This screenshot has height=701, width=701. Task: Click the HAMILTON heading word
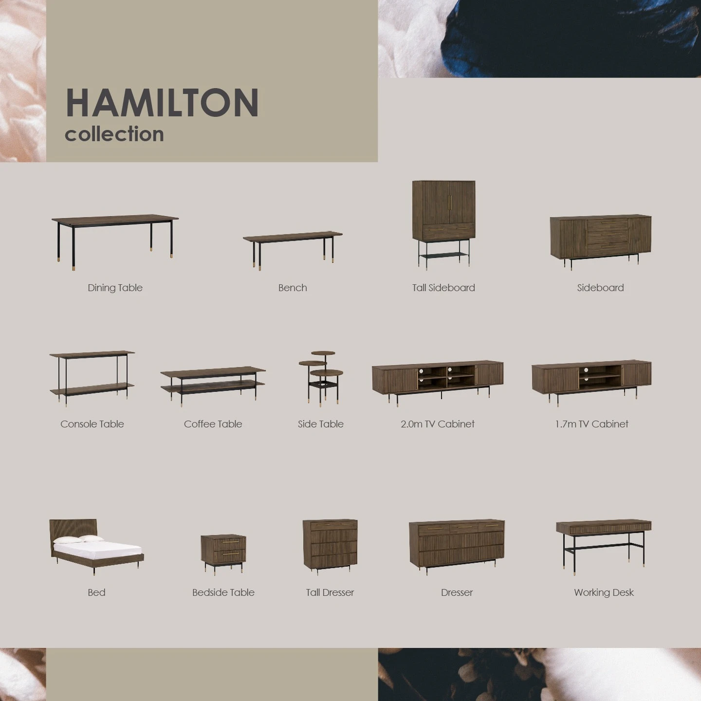coord(162,102)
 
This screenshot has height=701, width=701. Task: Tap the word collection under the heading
coord(114,134)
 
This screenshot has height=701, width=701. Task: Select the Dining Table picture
coord(115,241)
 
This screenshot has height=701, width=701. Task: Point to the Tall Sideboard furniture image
coord(443,225)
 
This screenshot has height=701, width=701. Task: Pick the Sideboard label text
coord(600,288)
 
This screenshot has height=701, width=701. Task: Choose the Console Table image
coord(92,378)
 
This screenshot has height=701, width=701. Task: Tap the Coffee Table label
coord(213,424)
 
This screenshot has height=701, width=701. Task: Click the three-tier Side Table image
coord(321,378)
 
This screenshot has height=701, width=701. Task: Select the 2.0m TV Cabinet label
coord(438,424)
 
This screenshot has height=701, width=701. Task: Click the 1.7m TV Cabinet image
coord(591,383)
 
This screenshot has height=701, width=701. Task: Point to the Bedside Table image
coord(223,555)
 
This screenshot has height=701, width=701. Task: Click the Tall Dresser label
coord(330,592)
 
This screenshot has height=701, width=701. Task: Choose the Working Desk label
coord(604,592)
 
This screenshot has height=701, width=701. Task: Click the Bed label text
coord(96,592)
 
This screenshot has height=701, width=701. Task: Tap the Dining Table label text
coord(115,288)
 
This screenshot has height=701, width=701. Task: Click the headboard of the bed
coord(73,528)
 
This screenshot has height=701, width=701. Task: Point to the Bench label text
coord(293,288)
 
